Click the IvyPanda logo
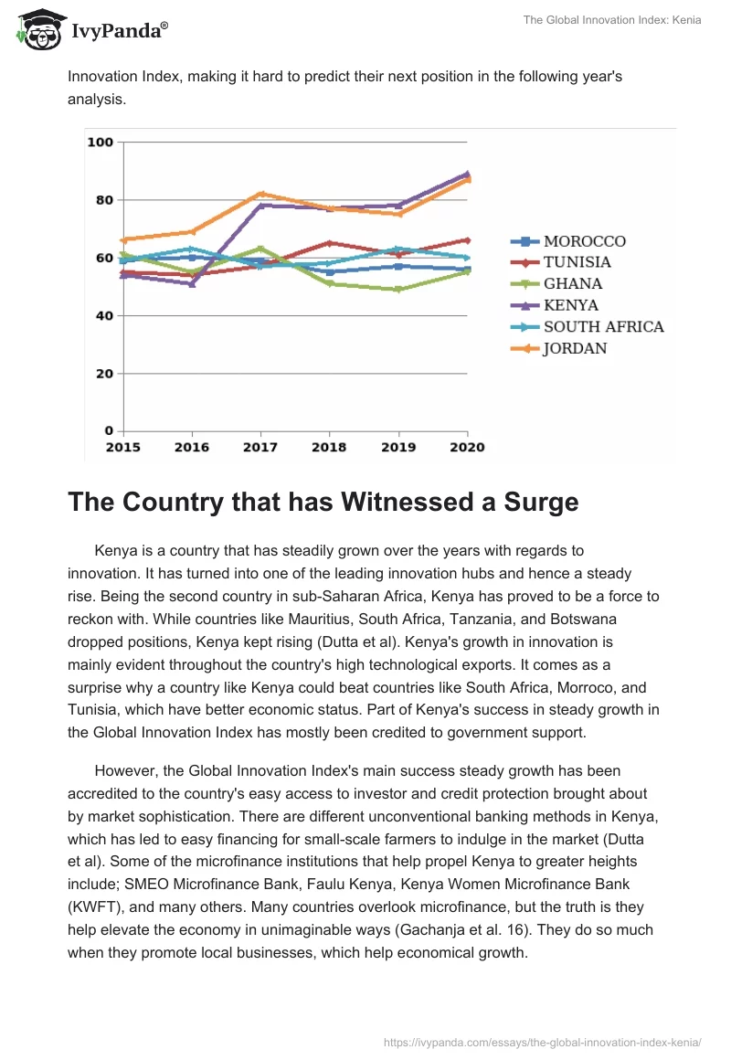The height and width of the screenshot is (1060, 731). (x=92, y=28)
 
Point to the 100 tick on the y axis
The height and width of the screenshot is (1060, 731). (x=99, y=143)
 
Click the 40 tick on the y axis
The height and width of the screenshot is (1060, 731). (x=102, y=316)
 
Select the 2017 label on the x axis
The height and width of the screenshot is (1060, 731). (x=260, y=448)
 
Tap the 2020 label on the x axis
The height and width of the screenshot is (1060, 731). (x=467, y=448)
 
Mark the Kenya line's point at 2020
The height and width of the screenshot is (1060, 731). (x=467, y=174)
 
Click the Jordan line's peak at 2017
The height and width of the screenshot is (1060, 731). (x=260, y=194)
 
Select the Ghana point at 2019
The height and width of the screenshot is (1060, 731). (x=398, y=290)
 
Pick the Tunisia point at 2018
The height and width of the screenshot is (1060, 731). (x=329, y=243)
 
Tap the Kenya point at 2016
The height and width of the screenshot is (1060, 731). (x=192, y=284)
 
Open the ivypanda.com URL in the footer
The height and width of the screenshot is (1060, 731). (x=543, y=1042)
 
